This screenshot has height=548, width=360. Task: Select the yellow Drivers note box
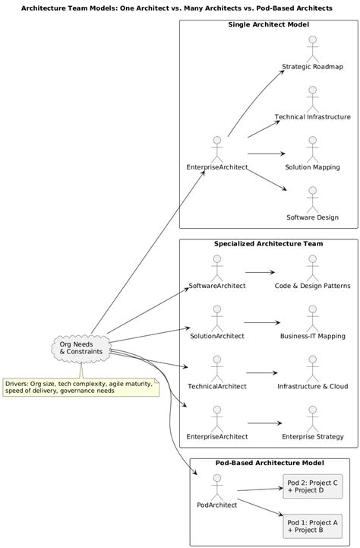point(79,388)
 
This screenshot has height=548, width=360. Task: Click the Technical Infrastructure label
point(312,117)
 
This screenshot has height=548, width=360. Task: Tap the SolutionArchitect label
point(217,335)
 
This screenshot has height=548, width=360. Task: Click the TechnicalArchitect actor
point(217,369)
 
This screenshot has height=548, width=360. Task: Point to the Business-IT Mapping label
point(312,335)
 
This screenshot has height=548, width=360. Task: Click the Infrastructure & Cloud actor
point(312,369)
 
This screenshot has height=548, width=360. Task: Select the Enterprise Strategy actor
point(312,420)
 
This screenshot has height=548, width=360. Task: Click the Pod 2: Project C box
point(311,486)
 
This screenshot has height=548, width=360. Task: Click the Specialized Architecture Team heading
point(268,244)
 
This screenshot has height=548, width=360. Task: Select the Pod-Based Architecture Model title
point(270,463)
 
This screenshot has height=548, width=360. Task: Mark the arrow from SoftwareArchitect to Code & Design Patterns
point(260,271)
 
